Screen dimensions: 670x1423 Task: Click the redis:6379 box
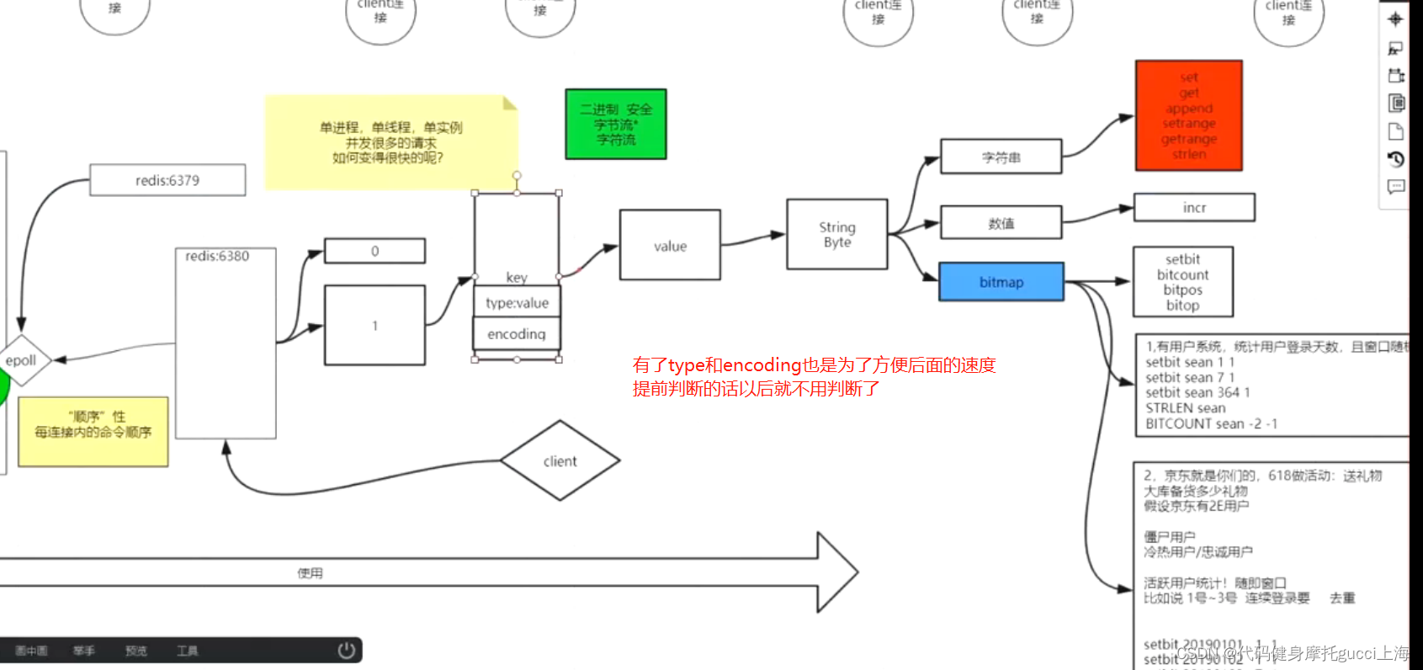click(x=167, y=180)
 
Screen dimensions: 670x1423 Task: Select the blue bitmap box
click(x=1001, y=282)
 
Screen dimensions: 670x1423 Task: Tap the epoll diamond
click(x=21, y=360)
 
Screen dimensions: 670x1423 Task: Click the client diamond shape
click(x=560, y=461)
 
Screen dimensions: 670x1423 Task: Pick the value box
click(x=670, y=246)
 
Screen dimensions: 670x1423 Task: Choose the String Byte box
click(x=836, y=235)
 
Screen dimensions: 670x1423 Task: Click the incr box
click(x=1194, y=208)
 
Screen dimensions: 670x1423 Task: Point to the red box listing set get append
click(x=1188, y=116)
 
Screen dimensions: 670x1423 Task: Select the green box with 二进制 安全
click(x=616, y=125)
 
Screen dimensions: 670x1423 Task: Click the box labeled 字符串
click(x=1001, y=157)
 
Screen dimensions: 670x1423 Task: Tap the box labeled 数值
click(x=1001, y=223)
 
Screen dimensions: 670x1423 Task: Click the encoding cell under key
click(x=517, y=334)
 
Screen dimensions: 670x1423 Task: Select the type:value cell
click(x=517, y=303)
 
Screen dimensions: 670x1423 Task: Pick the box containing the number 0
click(x=374, y=251)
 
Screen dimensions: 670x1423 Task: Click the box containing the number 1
click(x=374, y=326)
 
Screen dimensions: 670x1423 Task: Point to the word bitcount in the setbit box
click(x=1182, y=275)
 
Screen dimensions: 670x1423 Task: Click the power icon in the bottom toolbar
click(x=346, y=651)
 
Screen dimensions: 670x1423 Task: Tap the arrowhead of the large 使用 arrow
click(x=837, y=572)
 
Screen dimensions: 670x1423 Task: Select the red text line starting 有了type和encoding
click(x=814, y=365)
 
